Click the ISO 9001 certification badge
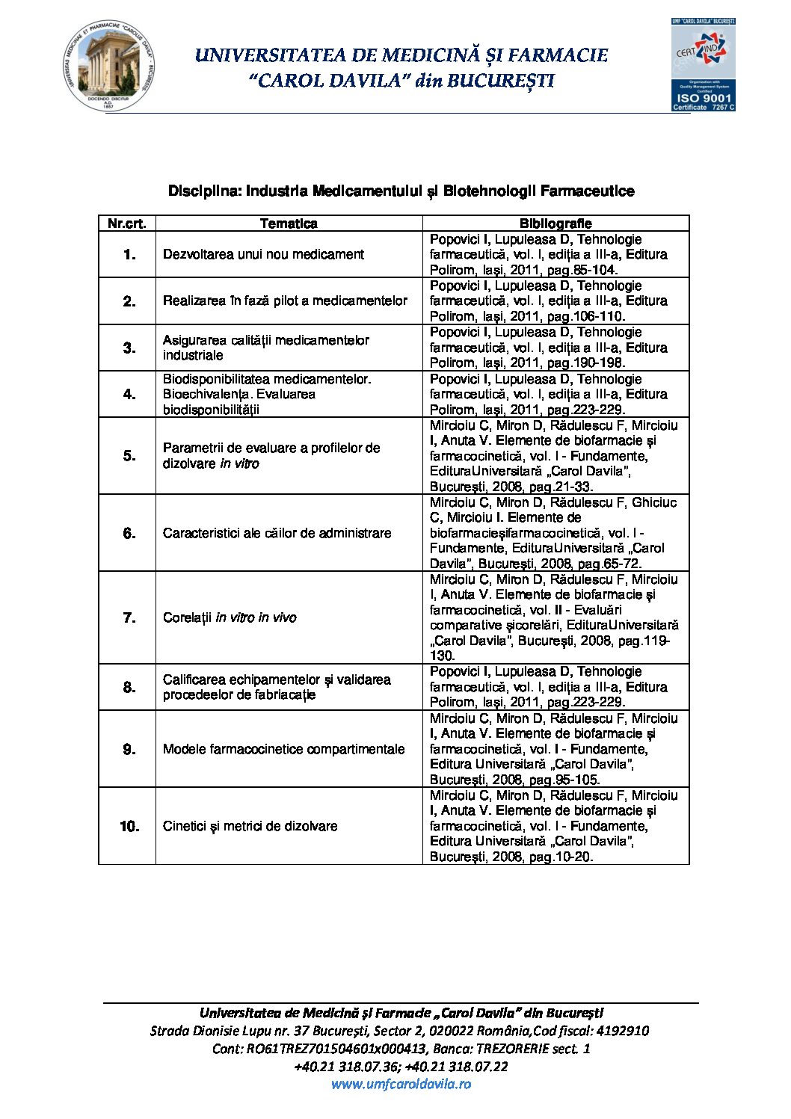(x=703, y=65)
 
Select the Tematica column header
(x=289, y=224)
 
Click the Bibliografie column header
(x=555, y=224)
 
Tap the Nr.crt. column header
(x=127, y=224)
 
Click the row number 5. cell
(x=129, y=455)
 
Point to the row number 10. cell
(x=129, y=826)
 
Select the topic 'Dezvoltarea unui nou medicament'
(x=263, y=254)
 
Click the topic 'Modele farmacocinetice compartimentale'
(x=283, y=749)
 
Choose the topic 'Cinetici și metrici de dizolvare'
(x=250, y=826)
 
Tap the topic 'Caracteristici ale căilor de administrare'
(x=277, y=533)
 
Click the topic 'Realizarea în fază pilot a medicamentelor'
(x=285, y=300)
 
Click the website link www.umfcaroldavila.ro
(x=401, y=1084)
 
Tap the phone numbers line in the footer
(x=401, y=1067)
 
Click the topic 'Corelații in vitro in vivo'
(x=230, y=617)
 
